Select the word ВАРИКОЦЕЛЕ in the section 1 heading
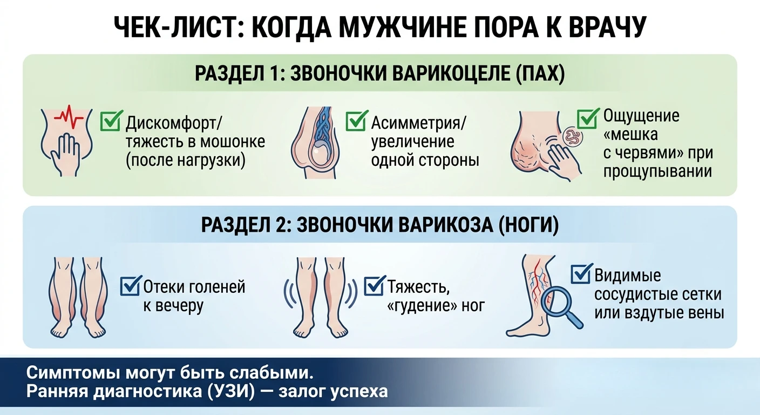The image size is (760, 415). click(x=452, y=73)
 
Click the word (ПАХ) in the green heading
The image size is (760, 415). click(x=540, y=73)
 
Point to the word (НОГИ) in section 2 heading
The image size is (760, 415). click(x=528, y=225)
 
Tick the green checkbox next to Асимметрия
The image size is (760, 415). click(x=356, y=121)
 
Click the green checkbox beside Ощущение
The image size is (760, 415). click(x=588, y=118)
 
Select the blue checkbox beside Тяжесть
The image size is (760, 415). click(x=375, y=285)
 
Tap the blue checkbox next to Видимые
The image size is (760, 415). click(x=581, y=273)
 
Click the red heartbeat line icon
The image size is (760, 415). click(x=69, y=116)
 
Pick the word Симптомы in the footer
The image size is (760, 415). click(x=73, y=373)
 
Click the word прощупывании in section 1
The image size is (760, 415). click(x=657, y=171)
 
